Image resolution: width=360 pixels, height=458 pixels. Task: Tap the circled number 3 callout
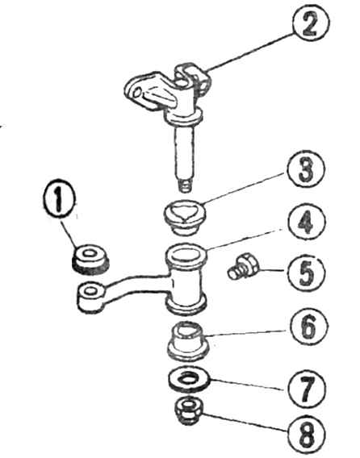click(x=306, y=169)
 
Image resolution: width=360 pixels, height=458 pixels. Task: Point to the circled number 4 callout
click(x=306, y=222)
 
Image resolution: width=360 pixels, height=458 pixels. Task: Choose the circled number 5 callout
click(x=306, y=272)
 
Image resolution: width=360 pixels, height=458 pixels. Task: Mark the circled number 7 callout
click(x=307, y=389)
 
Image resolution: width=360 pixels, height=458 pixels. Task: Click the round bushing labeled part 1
click(x=90, y=259)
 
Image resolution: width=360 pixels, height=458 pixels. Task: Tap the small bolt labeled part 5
click(x=242, y=265)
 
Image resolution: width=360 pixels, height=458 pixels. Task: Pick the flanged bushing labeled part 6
click(x=188, y=341)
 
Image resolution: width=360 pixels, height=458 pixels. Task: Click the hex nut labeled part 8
click(x=189, y=410)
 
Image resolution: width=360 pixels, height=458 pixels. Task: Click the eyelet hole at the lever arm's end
click(x=90, y=291)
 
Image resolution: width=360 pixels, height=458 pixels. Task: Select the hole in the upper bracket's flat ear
click(x=138, y=93)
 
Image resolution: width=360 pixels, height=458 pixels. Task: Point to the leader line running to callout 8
click(x=245, y=422)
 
